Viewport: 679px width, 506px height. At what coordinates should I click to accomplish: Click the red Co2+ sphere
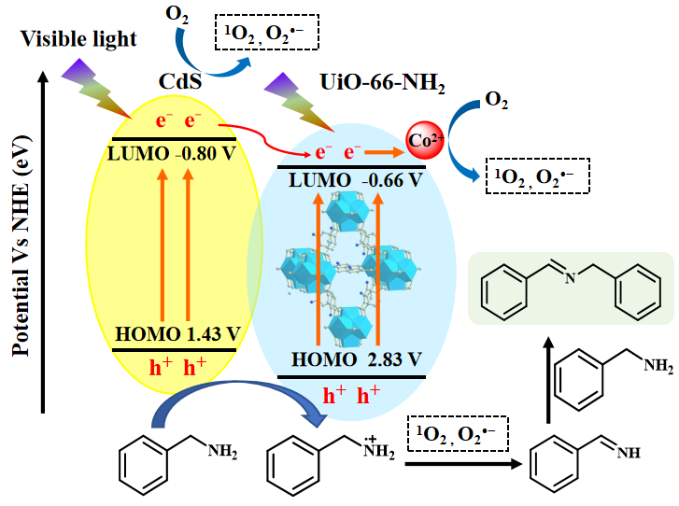[423, 141]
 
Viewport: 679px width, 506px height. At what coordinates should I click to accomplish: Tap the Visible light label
[79, 39]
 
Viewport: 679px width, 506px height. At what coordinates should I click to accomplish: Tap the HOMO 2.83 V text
[356, 359]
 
